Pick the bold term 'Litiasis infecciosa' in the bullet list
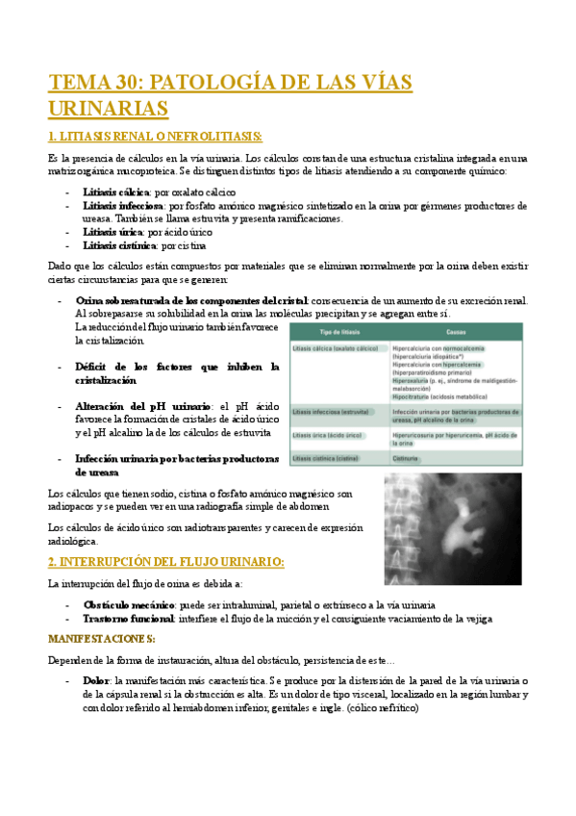click(x=123, y=206)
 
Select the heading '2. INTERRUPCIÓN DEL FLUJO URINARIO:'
click(x=165, y=561)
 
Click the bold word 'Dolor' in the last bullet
click(x=96, y=680)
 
